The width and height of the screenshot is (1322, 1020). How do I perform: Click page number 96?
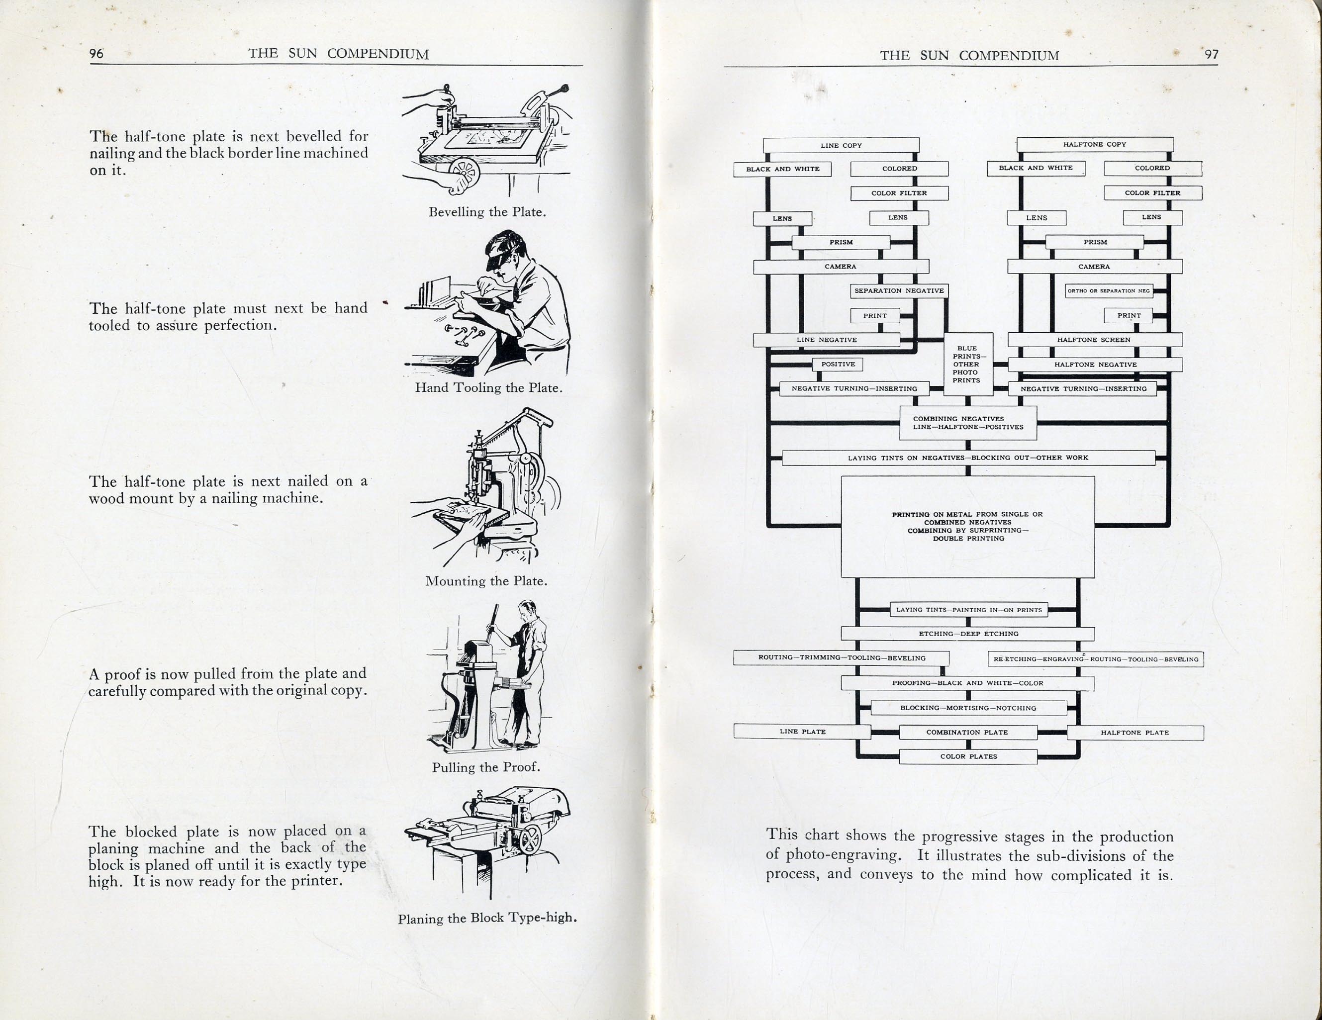[97, 53]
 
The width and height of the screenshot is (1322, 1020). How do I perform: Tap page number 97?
[1211, 55]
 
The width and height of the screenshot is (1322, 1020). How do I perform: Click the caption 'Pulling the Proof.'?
[485, 767]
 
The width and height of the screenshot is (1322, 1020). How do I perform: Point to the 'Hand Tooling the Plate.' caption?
[488, 387]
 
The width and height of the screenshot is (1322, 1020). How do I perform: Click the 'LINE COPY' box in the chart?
[841, 145]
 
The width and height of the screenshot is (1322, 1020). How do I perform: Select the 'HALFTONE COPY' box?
[1094, 145]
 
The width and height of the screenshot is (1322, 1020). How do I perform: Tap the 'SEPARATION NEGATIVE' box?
[899, 290]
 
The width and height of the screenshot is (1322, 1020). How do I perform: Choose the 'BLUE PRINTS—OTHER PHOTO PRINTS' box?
[968, 364]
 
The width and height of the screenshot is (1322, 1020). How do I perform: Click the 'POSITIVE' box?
[838, 365]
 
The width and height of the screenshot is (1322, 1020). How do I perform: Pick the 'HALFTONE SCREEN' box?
[1094, 340]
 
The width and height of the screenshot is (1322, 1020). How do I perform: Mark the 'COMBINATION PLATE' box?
[967, 732]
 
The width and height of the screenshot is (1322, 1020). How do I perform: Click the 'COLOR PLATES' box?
[968, 756]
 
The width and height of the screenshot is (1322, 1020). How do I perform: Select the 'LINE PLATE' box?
[802, 731]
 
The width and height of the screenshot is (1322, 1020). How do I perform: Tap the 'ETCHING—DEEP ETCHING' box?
[968, 634]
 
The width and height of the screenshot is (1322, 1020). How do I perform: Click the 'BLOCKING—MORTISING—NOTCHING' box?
[968, 708]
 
